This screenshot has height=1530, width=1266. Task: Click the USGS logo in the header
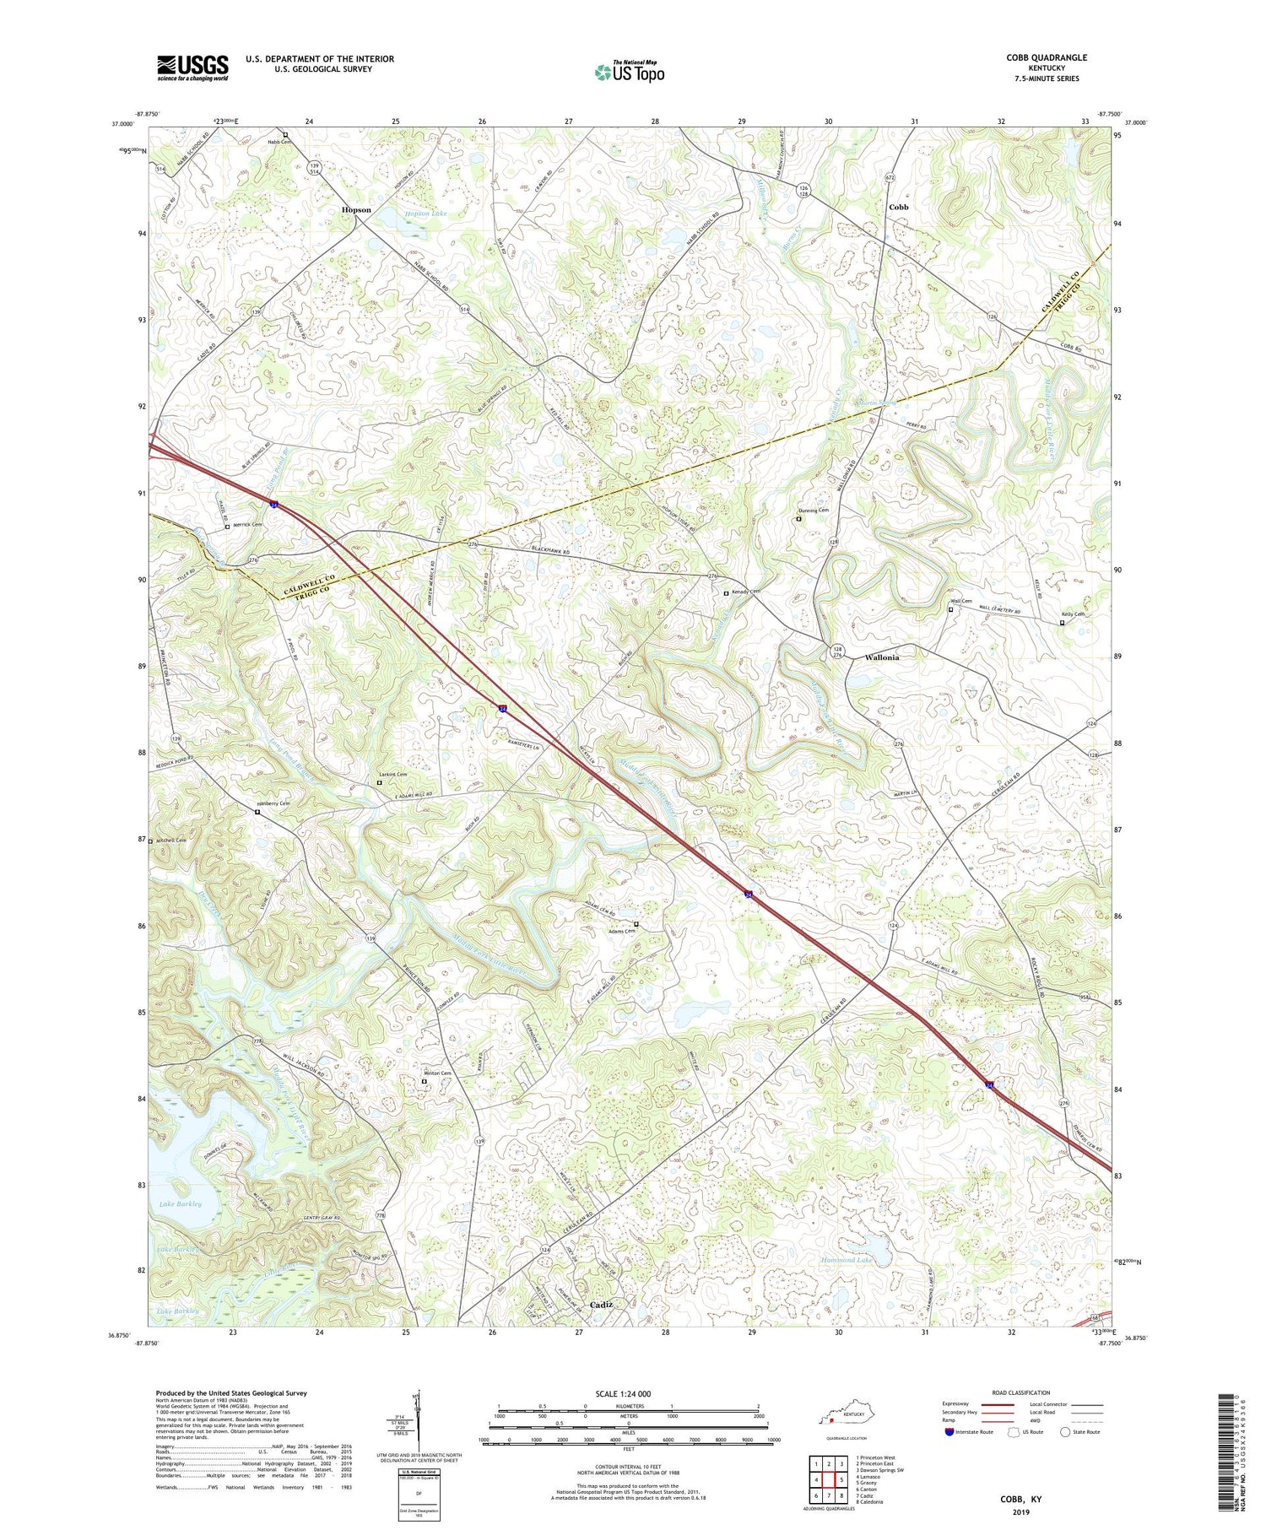[192, 68]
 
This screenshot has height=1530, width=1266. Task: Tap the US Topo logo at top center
[629, 73]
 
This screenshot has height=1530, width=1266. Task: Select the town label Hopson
[356, 209]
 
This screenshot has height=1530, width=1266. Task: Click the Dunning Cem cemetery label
[814, 511]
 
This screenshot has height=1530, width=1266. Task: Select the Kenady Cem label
[745, 592]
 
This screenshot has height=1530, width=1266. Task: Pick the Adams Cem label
[620, 931]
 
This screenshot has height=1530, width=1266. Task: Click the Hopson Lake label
[426, 214]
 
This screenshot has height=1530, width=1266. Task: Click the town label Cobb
[898, 207]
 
